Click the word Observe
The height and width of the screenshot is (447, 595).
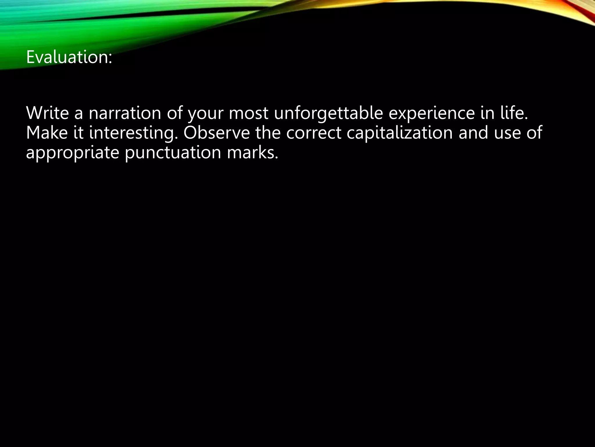click(216, 133)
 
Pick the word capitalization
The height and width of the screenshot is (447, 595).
click(399, 133)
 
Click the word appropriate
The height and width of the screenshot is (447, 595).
click(73, 153)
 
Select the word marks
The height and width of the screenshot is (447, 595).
click(252, 152)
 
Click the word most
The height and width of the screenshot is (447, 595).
click(248, 113)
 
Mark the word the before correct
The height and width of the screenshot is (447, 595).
click(268, 133)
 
